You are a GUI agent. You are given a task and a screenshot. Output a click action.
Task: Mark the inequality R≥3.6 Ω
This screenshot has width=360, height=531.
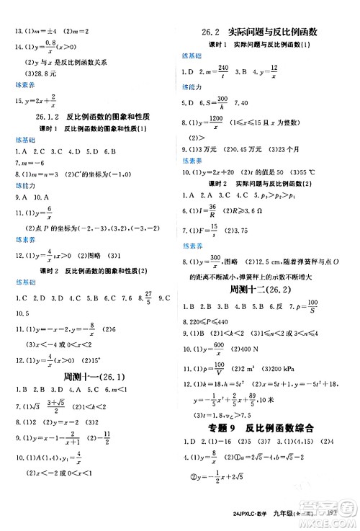pyautogui.click(x=268, y=212)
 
